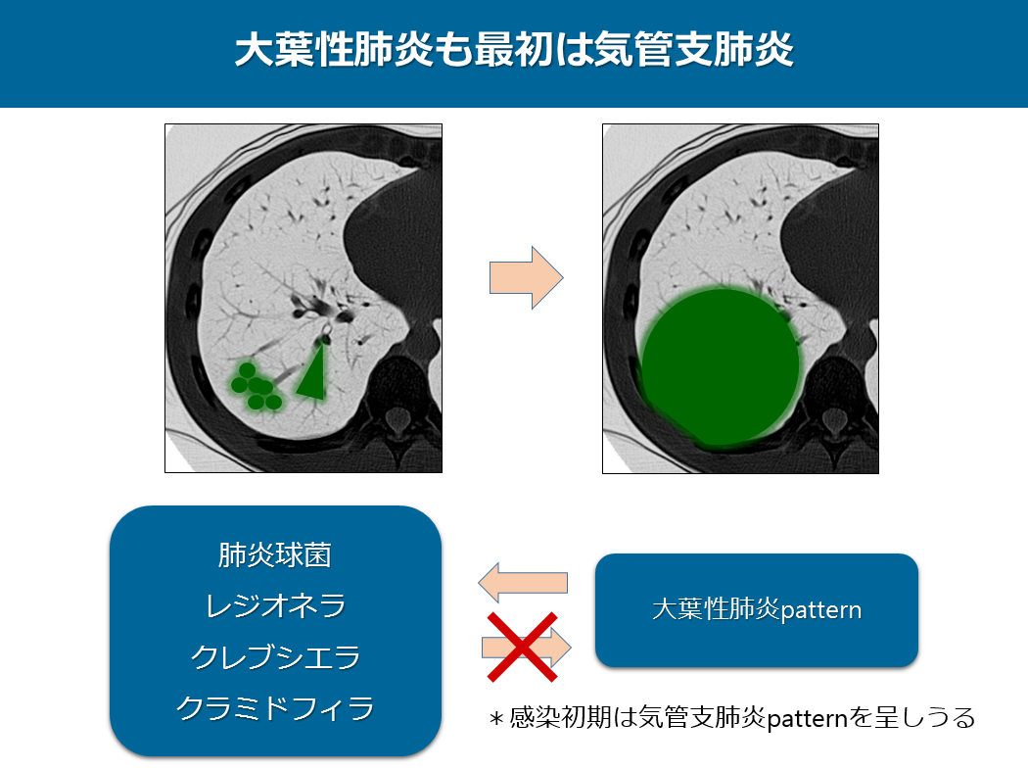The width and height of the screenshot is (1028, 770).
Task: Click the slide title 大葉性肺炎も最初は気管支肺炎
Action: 514,50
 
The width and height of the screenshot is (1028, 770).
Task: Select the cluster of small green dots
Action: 255,387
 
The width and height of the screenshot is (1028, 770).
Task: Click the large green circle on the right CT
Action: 720,366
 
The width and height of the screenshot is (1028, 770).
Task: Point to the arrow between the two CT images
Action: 526,277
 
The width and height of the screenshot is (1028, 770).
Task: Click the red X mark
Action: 523,647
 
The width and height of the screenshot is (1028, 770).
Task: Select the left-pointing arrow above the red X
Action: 523,583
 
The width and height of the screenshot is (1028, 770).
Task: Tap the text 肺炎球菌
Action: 275,554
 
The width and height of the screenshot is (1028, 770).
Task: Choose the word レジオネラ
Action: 275,605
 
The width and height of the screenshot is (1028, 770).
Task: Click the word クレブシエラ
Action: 275,656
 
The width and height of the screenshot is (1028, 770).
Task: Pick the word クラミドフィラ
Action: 275,707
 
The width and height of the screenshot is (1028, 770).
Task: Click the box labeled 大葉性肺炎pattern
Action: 757,610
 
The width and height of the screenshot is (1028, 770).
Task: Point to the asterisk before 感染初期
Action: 496,719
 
